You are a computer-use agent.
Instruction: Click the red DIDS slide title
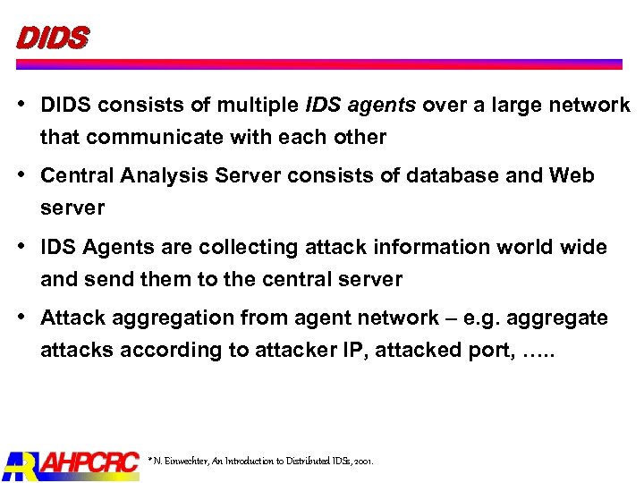coord(52,38)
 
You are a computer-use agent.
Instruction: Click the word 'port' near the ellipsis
coord(485,352)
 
